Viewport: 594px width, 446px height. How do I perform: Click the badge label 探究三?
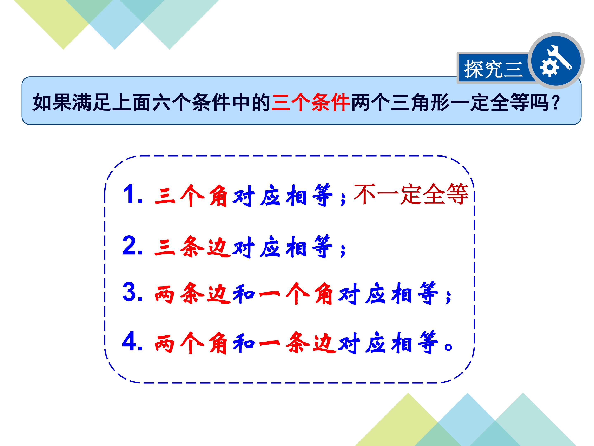pos(493,69)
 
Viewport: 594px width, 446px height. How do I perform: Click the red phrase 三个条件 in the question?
pos(310,102)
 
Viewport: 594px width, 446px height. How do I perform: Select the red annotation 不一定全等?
pos(411,194)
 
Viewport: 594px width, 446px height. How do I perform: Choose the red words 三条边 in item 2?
pos(192,247)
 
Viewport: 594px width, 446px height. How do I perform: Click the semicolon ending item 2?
pos(343,250)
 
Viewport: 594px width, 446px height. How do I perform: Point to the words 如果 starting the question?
pos(52,102)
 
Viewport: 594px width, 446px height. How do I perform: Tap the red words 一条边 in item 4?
pos(298,343)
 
